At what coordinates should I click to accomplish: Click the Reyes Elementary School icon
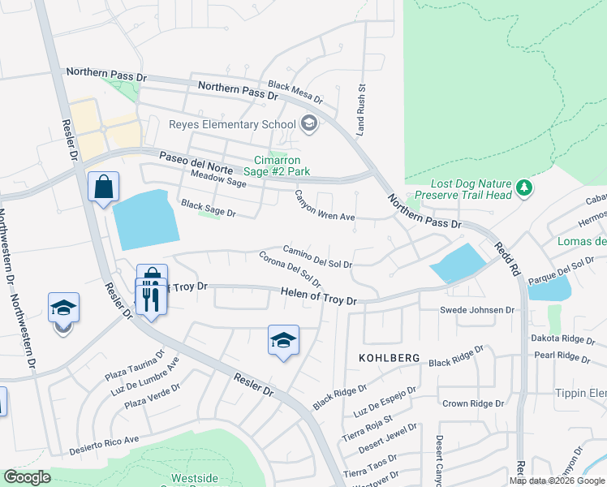click(x=308, y=124)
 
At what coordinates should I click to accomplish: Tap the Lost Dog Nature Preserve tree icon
click(x=525, y=188)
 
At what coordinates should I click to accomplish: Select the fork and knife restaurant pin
click(x=151, y=297)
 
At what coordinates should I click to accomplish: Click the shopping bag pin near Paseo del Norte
click(x=104, y=188)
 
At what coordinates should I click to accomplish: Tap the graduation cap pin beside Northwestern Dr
click(x=63, y=309)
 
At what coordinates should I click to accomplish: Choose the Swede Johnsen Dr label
click(x=477, y=310)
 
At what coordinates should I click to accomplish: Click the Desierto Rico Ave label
click(x=104, y=446)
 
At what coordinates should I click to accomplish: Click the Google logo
click(x=27, y=477)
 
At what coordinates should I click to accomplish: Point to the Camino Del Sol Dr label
click(x=317, y=257)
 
